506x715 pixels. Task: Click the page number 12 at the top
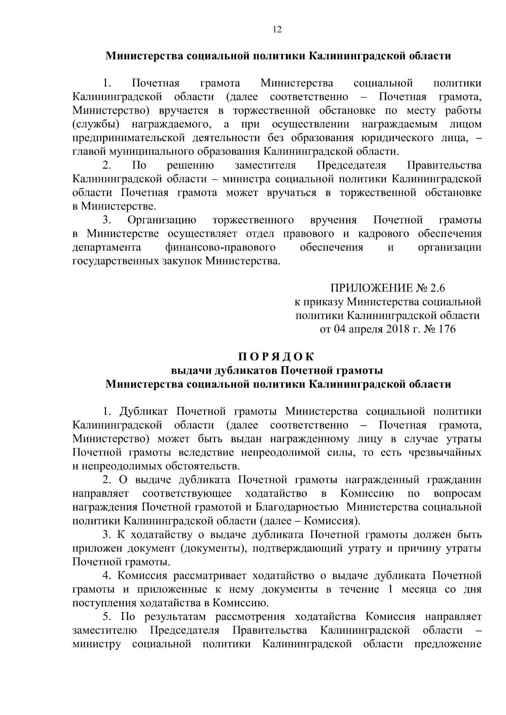[x=277, y=29]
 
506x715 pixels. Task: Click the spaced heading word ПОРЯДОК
[x=277, y=357]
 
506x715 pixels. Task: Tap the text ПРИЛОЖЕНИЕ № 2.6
[x=388, y=288]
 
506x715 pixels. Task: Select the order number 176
[x=447, y=329]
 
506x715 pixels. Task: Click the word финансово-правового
[x=221, y=247]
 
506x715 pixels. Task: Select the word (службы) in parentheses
[x=95, y=124]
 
